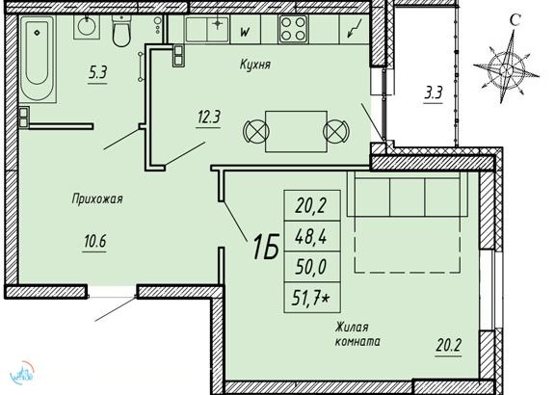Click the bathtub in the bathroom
tap(38, 59)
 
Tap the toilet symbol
tap(121, 31)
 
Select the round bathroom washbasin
tap(87, 27)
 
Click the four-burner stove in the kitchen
tap(293, 29)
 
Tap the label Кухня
tap(254, 65)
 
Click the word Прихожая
tap(97, 198)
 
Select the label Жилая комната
tap(357, 334)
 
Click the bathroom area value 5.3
tap(97, 73)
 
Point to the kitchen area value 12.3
tap(208, 117)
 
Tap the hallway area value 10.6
tap(94, 242)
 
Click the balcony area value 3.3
tap(434, 93)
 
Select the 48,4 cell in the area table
tap(312, 236)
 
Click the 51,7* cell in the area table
tap(312, 298)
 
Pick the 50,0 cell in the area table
tap(312, 267)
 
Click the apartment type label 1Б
tap(265, 247)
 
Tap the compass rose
tap(506, 67)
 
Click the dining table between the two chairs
tap(296, 131)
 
